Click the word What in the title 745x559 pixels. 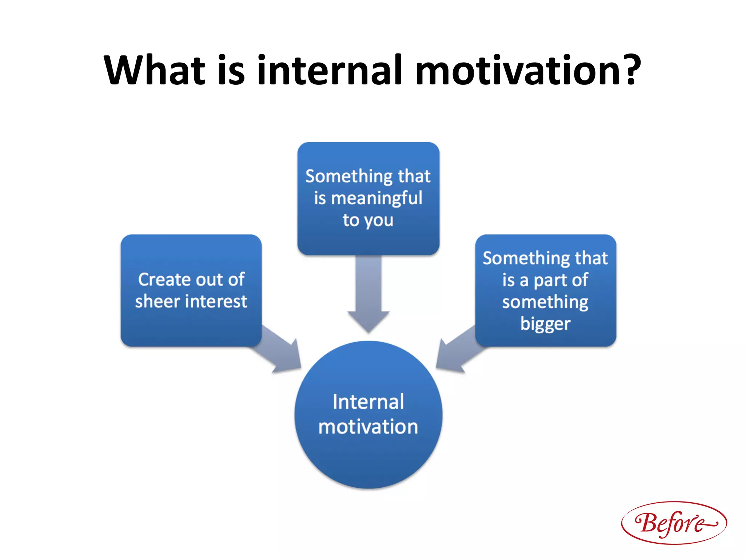155,70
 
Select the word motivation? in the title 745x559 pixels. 527,70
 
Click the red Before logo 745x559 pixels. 674,523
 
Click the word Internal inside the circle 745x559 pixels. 368,402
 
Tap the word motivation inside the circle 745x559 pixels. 368,427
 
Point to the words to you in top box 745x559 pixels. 368,221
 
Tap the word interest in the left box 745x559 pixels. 218,301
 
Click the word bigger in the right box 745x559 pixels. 545,324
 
